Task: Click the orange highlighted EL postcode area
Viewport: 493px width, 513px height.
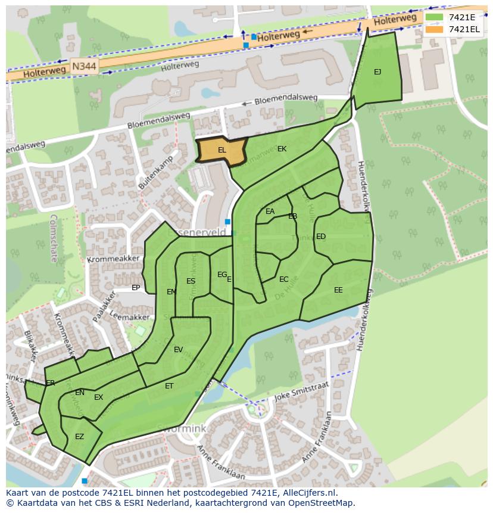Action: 221,150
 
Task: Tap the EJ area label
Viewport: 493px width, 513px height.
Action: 377,72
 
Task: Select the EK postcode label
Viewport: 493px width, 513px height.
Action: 282,149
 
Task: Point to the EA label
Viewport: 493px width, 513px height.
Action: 270,212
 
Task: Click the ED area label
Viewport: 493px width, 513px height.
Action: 321,237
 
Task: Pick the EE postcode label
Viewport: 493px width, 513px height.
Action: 338,290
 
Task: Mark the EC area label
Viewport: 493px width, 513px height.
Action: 284,279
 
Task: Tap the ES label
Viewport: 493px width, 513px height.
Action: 191,281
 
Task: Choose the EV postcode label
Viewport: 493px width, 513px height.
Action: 178,350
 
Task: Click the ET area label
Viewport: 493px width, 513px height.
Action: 169,386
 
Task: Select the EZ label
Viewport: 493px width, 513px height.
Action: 79,437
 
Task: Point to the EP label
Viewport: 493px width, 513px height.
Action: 136,288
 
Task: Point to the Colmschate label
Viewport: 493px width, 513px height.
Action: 54,238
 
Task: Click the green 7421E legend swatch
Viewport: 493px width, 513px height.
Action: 435,17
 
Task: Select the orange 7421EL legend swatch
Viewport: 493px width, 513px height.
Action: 435,29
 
